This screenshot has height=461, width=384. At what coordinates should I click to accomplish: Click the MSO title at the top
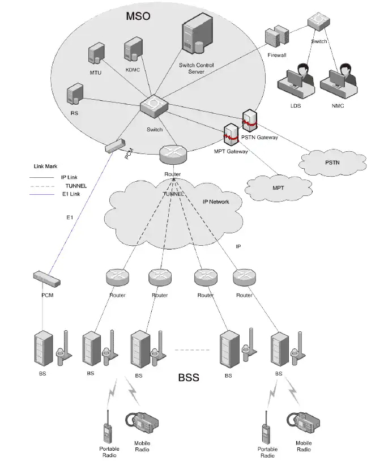[138, 15]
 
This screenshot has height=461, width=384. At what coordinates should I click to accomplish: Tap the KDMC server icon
[133, 50]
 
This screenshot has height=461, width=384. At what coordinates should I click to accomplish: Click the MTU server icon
[95, 55]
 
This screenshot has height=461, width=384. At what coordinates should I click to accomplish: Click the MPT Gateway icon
[231, 135]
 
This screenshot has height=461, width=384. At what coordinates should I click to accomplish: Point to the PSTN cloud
[332, 163]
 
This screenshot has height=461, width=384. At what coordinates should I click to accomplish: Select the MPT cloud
[278, 187]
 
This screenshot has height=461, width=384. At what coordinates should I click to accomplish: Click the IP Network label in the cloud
[216, 202]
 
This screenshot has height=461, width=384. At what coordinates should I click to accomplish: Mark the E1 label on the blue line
[70, 217]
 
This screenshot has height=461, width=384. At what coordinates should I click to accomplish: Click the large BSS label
[189, 377]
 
